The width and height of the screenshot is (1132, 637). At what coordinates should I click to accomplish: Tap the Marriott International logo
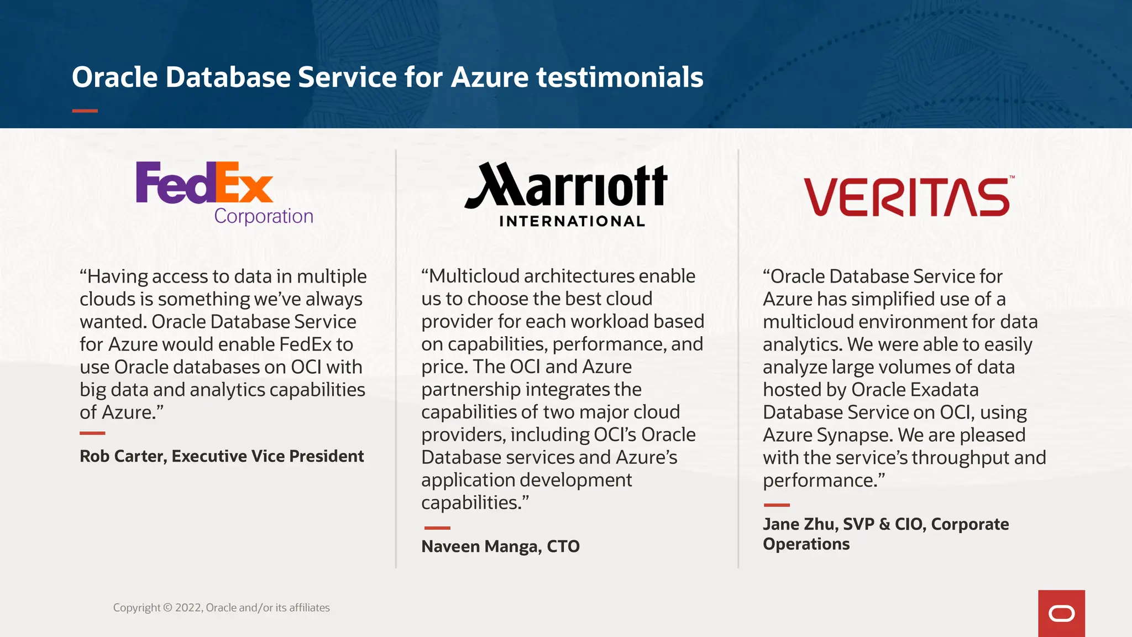pyautogui.click(x=566, y=194)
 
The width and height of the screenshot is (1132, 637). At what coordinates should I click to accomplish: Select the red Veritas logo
pyautogui.click(x=908, y=197)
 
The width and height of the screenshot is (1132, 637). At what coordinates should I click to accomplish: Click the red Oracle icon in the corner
pyautogui.click(x=1061, y=613)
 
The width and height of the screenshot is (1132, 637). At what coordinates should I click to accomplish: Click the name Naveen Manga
pyautogui.click(x=479, y=546)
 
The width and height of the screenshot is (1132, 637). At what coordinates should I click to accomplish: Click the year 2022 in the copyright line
pyautogui.click(x=188, y=608)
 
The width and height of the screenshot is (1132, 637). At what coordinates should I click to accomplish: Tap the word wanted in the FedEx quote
pyautogui.click(x=112, y=322)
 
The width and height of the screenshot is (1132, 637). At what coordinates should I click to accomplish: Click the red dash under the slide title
pyautogui.click(x=85, y=111)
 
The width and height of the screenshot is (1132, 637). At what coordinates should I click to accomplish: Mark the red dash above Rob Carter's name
pyautogui.click(x=92, y=433)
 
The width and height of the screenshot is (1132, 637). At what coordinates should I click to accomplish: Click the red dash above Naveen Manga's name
pyautogui.click(x=437, y=528)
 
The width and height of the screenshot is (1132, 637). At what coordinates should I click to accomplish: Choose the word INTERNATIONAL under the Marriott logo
pyautogui.click(x=572, y=221)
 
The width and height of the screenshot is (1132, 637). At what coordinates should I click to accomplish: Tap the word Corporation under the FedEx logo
pyautogui.click(x=264, y=216)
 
